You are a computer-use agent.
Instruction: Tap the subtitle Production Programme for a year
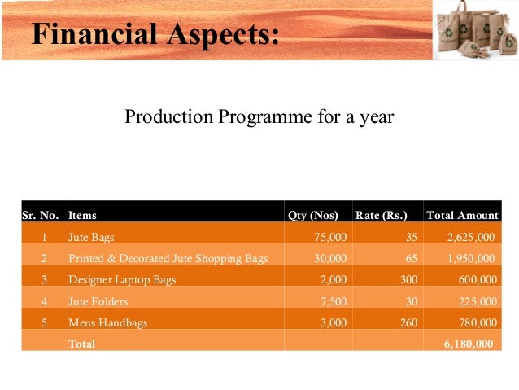click(x=259, y=117)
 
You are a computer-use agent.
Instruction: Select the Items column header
click(x=82, y=216)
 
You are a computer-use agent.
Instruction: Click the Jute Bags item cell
click(x=91, y=238)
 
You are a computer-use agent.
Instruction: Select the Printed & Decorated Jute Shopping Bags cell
click(x=168, y=259)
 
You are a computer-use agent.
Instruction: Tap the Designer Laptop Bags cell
click(x=122, y=280)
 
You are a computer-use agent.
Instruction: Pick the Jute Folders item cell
click(x=98, y=301)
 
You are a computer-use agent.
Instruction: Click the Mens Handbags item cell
click(x=107, y=322)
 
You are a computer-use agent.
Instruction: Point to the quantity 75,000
click(x=330, y=238)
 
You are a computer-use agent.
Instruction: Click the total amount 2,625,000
click(x=470, y=238)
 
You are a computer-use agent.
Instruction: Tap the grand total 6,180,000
click(x=468, y=344)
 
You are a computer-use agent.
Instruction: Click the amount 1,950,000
click(x=470, y=259)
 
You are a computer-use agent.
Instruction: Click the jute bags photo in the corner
click(x=475, y=31)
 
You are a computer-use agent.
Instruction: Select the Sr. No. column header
click(x=41, y=216)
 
